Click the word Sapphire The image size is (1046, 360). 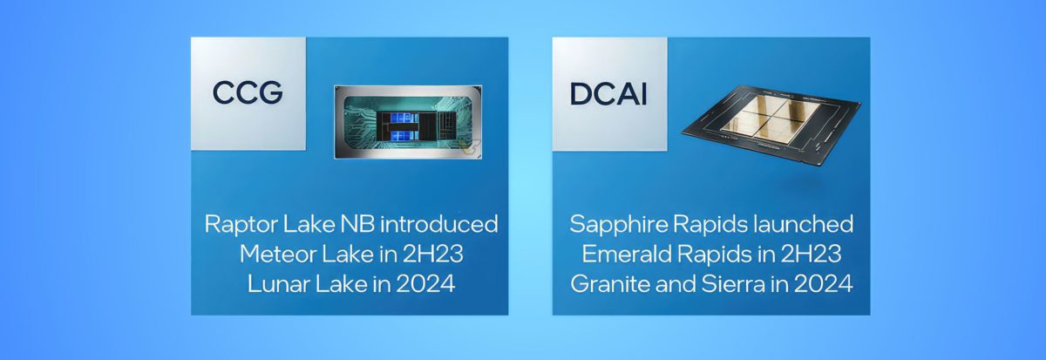point(614,224)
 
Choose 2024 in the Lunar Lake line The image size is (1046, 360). point(427,283)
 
